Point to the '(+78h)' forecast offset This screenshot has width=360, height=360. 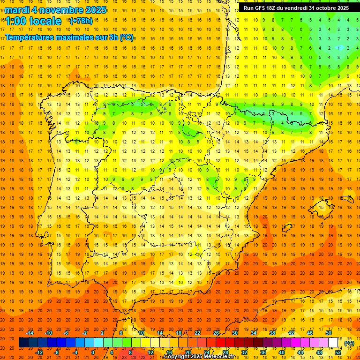[81, 21]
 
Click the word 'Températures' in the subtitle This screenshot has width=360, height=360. [31, 37]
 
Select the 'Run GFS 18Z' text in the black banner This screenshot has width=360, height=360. [259, 8]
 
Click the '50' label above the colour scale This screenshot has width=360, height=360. [329, 333]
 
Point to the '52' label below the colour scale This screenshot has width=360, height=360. [338, 352]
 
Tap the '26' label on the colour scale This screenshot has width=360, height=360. [216, 333]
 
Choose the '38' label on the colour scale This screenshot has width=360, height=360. [272, 333]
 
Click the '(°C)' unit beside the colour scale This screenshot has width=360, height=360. [349, 343]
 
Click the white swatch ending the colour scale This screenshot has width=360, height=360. [333, 343]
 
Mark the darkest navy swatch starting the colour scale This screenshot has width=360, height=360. [23, 343]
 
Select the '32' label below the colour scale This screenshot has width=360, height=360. [244, 352]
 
